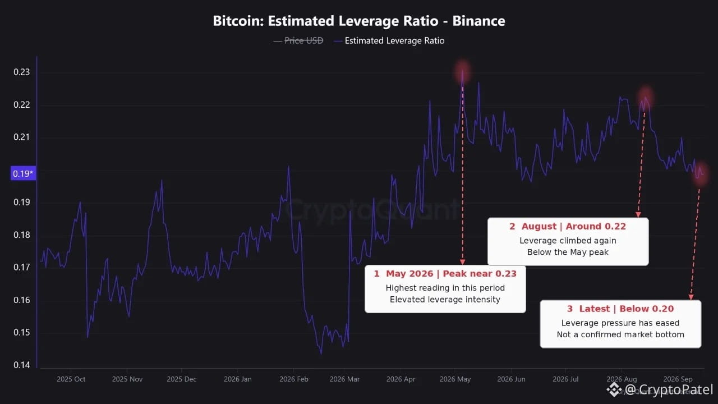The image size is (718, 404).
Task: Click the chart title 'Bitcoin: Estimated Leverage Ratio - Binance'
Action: coord(359,21)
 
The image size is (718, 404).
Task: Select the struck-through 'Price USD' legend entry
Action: coord(303,41)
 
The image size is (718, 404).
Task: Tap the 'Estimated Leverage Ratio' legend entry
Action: coord(394,41)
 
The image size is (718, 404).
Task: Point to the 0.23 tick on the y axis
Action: coord(21,72)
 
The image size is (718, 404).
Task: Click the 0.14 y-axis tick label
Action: coord(21,365)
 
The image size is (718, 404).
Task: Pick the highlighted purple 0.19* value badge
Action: coord(23,173)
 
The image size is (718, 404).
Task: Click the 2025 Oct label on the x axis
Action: coord(71,379)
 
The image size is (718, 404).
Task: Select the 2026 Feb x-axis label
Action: coord(293,379)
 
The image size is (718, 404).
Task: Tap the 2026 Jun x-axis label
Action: coord(511,379)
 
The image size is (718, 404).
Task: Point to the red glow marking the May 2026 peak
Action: coord(462,72)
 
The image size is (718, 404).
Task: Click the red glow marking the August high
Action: coord(645,98)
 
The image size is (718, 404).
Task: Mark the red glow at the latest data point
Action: coord(700,174)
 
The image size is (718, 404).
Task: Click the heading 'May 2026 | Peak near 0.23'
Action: coord(451,273)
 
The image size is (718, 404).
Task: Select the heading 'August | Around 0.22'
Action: coord(573,226)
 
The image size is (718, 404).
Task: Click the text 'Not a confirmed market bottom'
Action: coord(620,334)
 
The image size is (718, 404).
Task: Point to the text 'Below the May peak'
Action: coord(568,252)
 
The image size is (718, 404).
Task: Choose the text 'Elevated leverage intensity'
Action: coord(445,300)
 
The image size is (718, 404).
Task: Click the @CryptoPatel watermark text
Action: coord(669,389)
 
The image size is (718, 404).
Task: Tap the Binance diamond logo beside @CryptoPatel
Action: coord(614,389)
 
